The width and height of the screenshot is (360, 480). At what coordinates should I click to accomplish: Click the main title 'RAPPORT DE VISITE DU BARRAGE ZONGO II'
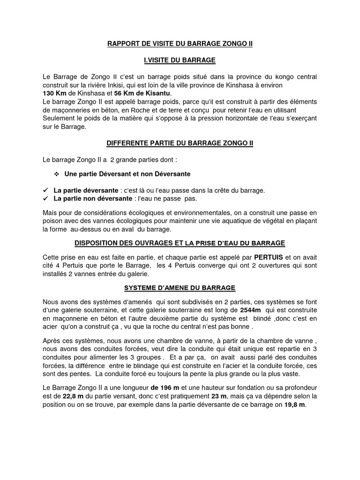[180, 44]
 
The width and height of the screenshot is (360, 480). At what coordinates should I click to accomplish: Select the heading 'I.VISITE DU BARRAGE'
[180, 60]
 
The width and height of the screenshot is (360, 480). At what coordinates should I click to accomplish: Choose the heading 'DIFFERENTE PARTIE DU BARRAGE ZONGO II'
[180, 143]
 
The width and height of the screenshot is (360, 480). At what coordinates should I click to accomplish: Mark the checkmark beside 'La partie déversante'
[45, 191]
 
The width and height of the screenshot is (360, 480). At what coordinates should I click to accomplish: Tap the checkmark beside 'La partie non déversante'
[45, 199]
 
